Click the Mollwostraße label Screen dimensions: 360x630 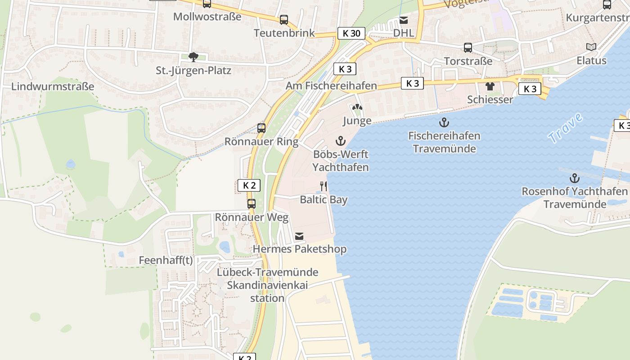(207, 17)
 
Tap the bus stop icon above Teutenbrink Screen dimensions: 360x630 (283, 20)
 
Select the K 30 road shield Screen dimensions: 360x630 (351, 33)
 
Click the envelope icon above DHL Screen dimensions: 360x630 (404, 20)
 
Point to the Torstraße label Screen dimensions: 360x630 (468, 61)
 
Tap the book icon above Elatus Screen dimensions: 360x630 (591, 47)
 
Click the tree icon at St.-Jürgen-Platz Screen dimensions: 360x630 (193, 57)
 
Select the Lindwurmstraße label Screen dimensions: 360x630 (53, 86)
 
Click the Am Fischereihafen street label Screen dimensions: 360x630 (331, 85)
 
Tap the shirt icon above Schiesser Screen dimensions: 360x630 (490, 86)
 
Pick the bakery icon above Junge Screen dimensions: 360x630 (357, 108)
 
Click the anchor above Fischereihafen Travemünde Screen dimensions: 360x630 (444, 122)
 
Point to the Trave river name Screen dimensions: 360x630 (565, 129)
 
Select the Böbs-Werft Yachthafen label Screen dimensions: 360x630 (341, 161)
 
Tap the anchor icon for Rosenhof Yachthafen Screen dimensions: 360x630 (574, 178)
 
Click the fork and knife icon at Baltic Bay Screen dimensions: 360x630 (324, 186)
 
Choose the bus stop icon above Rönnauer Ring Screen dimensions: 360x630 (261, 128)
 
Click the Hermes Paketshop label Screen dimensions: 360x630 (300, 249)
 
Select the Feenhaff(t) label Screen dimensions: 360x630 (166, 261)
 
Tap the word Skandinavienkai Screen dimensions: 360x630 (267, 285)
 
